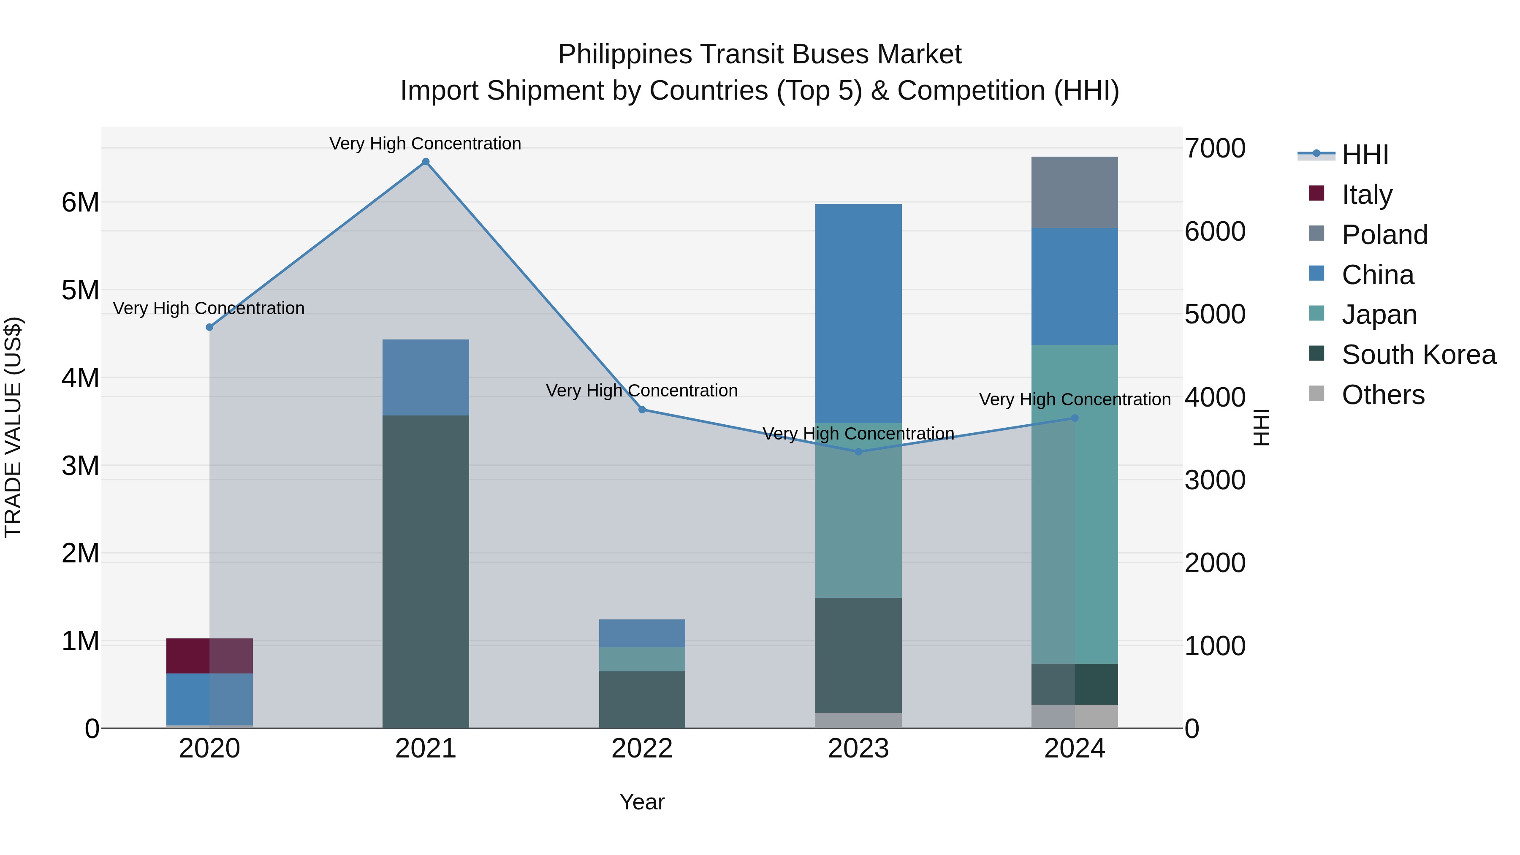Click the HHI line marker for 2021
pyautogui.click(x=426, y=162)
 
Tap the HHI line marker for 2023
pyautogui.click(x=858, y=452)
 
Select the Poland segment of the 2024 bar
pyautogui.click(x=1075, y=193)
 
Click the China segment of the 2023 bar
pyautogui.click(x=858, y=313)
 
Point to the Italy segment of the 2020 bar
pyautogui.click(x=209, y=656)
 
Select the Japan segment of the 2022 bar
pyautogui.click(x=642, y=659)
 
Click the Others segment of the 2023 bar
pyautogui.click(x=858, y=720)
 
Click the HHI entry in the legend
pyautogui.click(x=1364, y=155)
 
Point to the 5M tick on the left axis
pyautogui.click(x=80, y=290)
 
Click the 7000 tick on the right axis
pyautogui.click(x=1215, y=148)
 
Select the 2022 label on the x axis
pyautogui.click(x=642, y=749)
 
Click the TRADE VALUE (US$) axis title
pyautogui.click(x=13, y=427)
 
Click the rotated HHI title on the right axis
pyautogui.click(x=1260, y=427)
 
